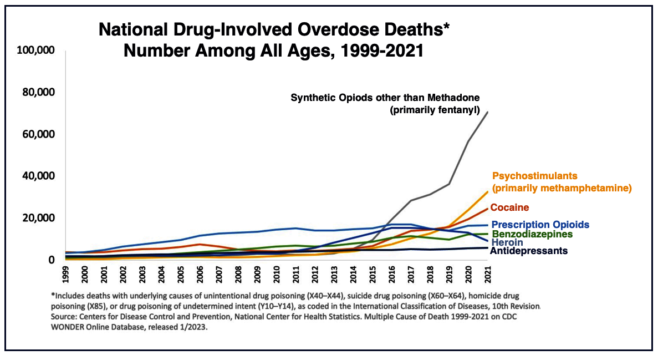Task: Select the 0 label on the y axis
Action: tap(51, 260)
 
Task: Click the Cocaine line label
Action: tap(510, 207)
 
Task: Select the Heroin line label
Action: tap(507, 242)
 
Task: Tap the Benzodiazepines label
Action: tap(532, 234)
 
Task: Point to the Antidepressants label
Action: tap(529, 251)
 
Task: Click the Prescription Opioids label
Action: tap(540, 225)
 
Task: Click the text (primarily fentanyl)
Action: tap(435, 110)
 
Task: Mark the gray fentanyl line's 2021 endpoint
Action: tap(488, 113)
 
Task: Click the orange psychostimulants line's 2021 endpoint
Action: tap(488, 192)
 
